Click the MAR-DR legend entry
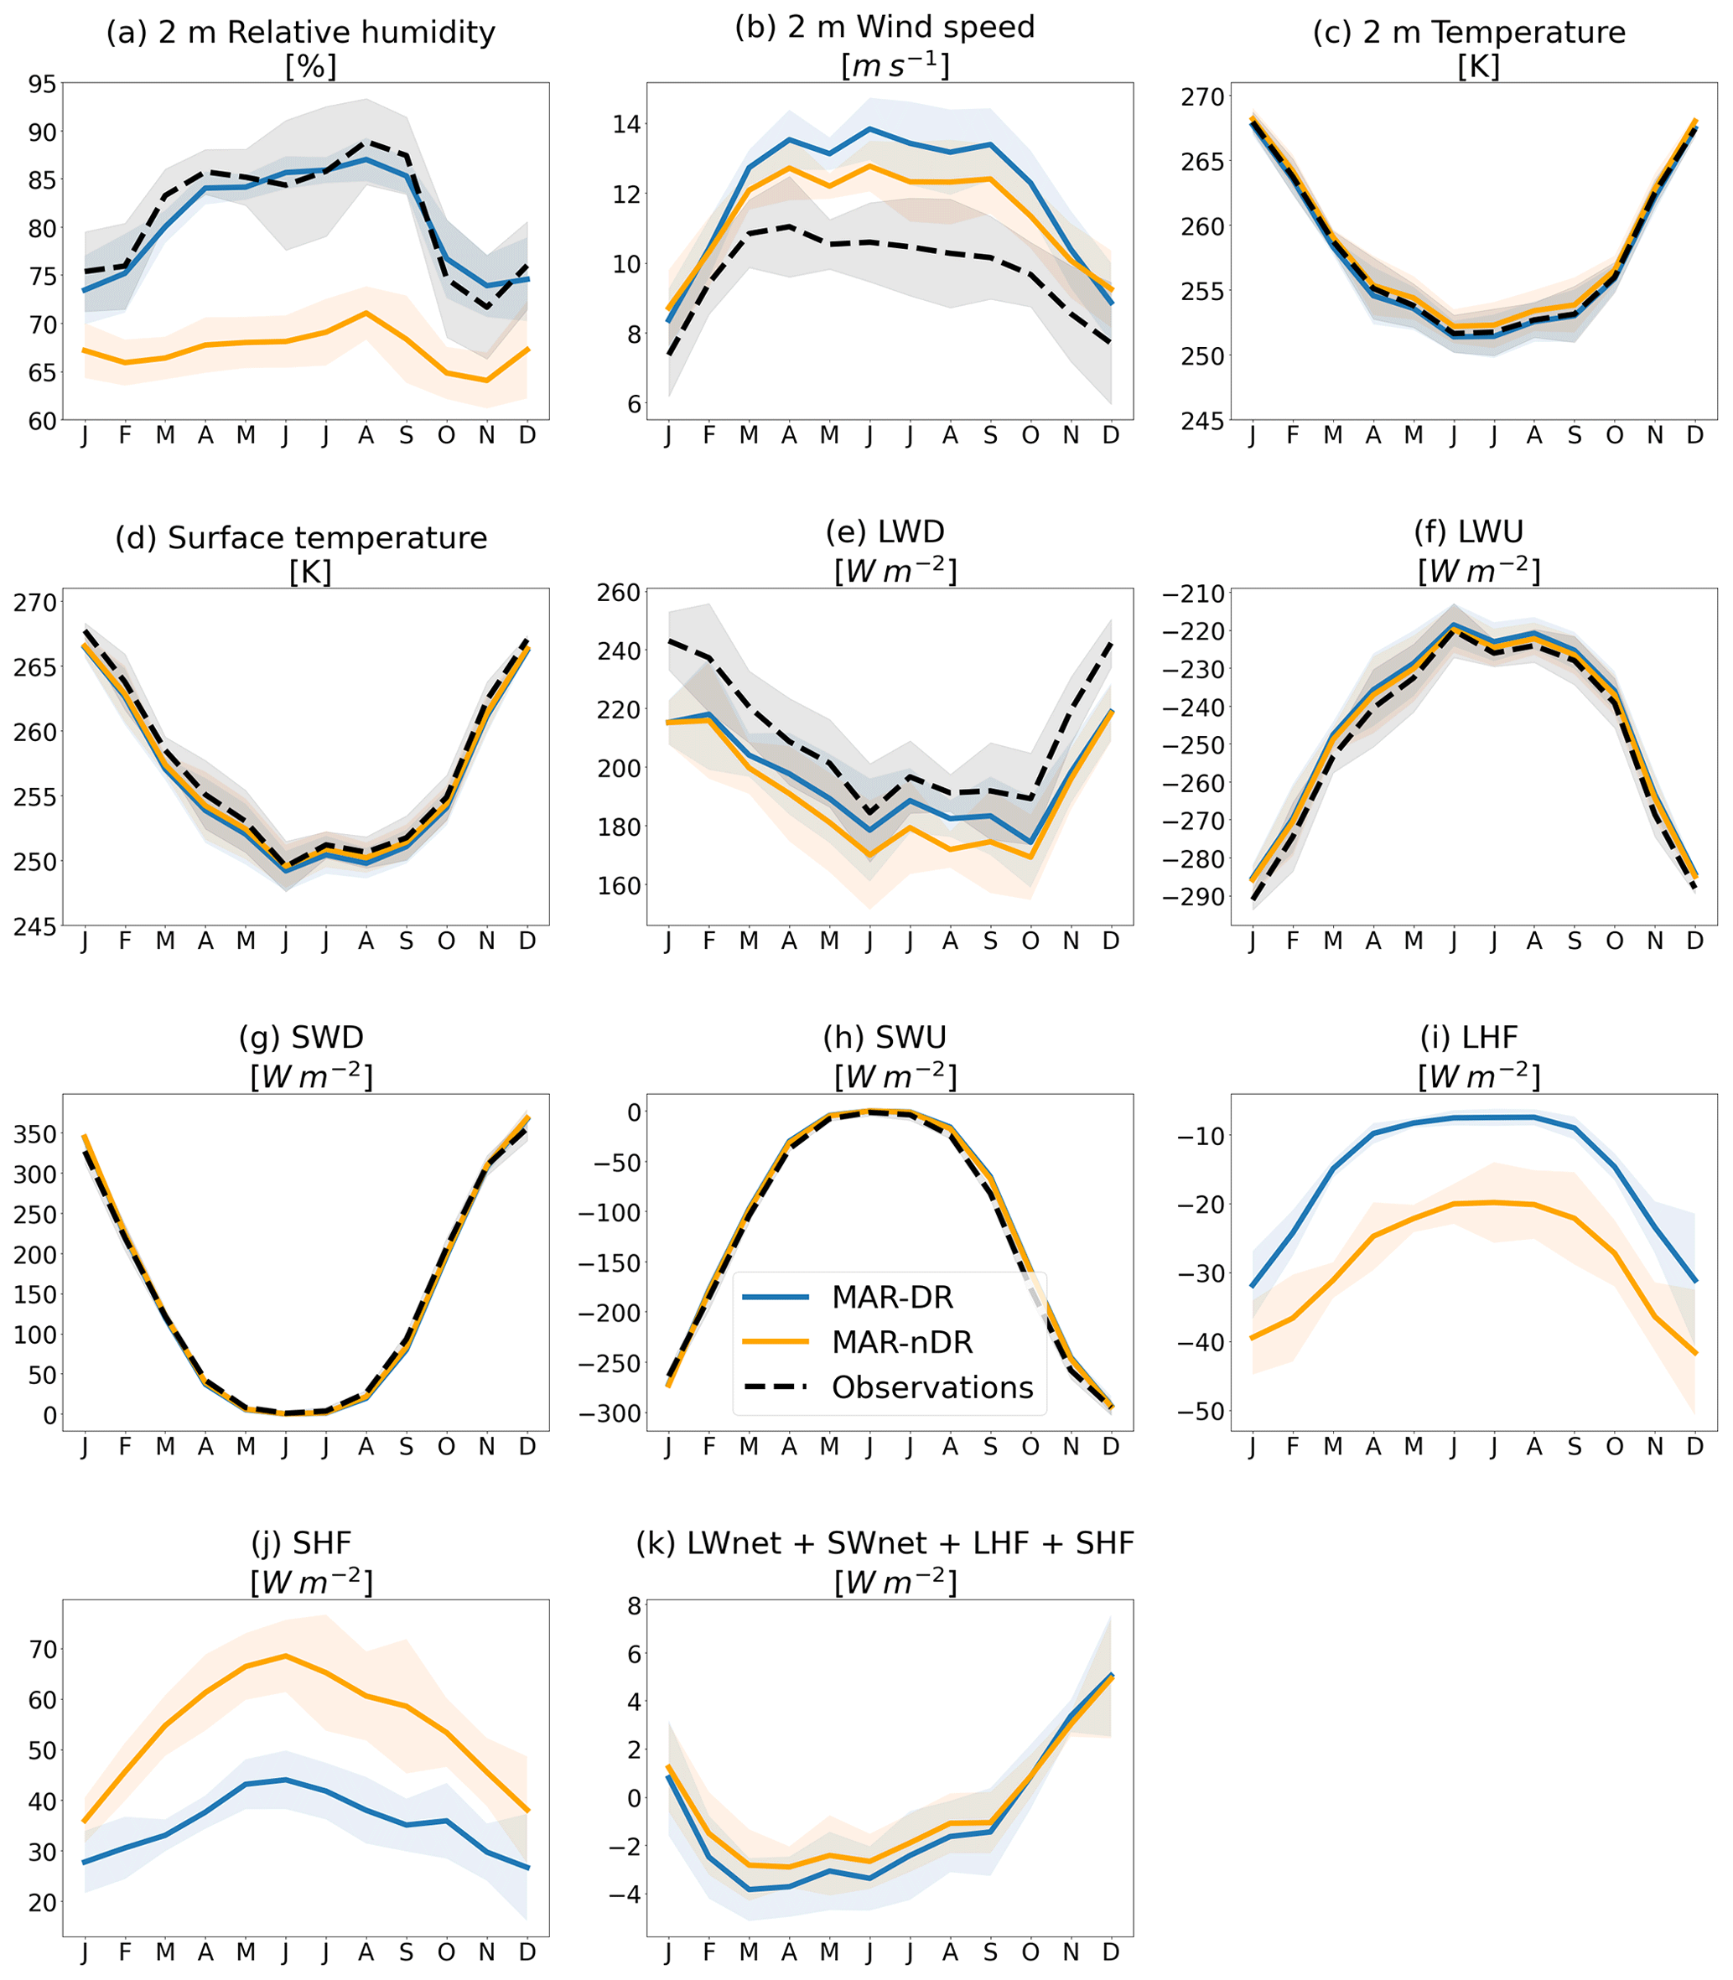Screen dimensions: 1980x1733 (891, 1298)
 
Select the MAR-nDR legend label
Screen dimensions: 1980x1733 (901, 1342)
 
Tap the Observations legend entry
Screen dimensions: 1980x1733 (932, 1387)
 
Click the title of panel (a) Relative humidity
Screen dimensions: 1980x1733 (301, 33)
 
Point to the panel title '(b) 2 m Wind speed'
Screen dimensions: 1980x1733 (884, 27)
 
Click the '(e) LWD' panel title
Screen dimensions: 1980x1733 (884, 531)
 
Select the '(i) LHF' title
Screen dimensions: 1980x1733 (1468, 1038)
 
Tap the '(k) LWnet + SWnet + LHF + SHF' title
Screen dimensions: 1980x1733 (884, 1543)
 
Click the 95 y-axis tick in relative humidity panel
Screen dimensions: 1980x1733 (43, 84)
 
